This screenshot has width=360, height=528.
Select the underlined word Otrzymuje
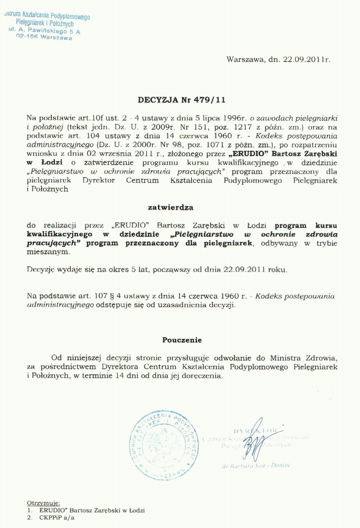coord(41,502)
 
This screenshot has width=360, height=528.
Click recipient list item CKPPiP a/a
coord(57,518)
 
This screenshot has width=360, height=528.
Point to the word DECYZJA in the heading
coord(158,100)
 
